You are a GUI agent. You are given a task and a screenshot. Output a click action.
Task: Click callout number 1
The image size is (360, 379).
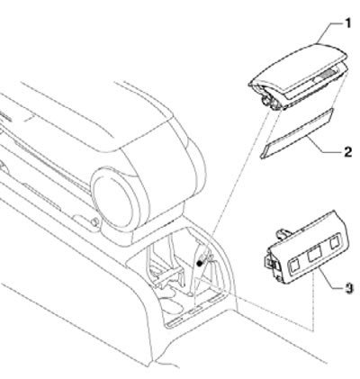pos(347,23)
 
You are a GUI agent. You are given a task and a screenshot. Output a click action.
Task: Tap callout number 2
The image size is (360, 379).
pos(347,152)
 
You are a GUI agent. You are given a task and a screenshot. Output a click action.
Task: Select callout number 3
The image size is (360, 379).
pos(348,289)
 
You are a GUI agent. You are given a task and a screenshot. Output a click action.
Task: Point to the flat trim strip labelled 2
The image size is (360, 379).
pos(296,133)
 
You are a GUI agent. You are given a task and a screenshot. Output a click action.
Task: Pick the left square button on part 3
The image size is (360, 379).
pos(295,266)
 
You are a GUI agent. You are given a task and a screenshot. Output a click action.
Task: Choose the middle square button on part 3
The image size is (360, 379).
pos(314,255)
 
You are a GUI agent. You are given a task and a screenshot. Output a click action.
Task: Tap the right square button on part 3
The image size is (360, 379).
pos(335,242)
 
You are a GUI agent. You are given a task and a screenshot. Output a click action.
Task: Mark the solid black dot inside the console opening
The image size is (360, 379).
pos(199,264)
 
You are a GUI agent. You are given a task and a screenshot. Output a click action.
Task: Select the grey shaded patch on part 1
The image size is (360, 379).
pos(328,72)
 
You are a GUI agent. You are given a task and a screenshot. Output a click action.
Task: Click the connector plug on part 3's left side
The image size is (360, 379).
pos(269,261)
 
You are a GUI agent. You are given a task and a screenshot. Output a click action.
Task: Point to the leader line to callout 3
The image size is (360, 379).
pos(330,279)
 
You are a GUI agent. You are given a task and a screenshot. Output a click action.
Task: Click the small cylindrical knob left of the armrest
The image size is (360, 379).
pos(94,222)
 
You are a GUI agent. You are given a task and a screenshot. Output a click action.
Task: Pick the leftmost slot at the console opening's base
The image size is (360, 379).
pos(174,322)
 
